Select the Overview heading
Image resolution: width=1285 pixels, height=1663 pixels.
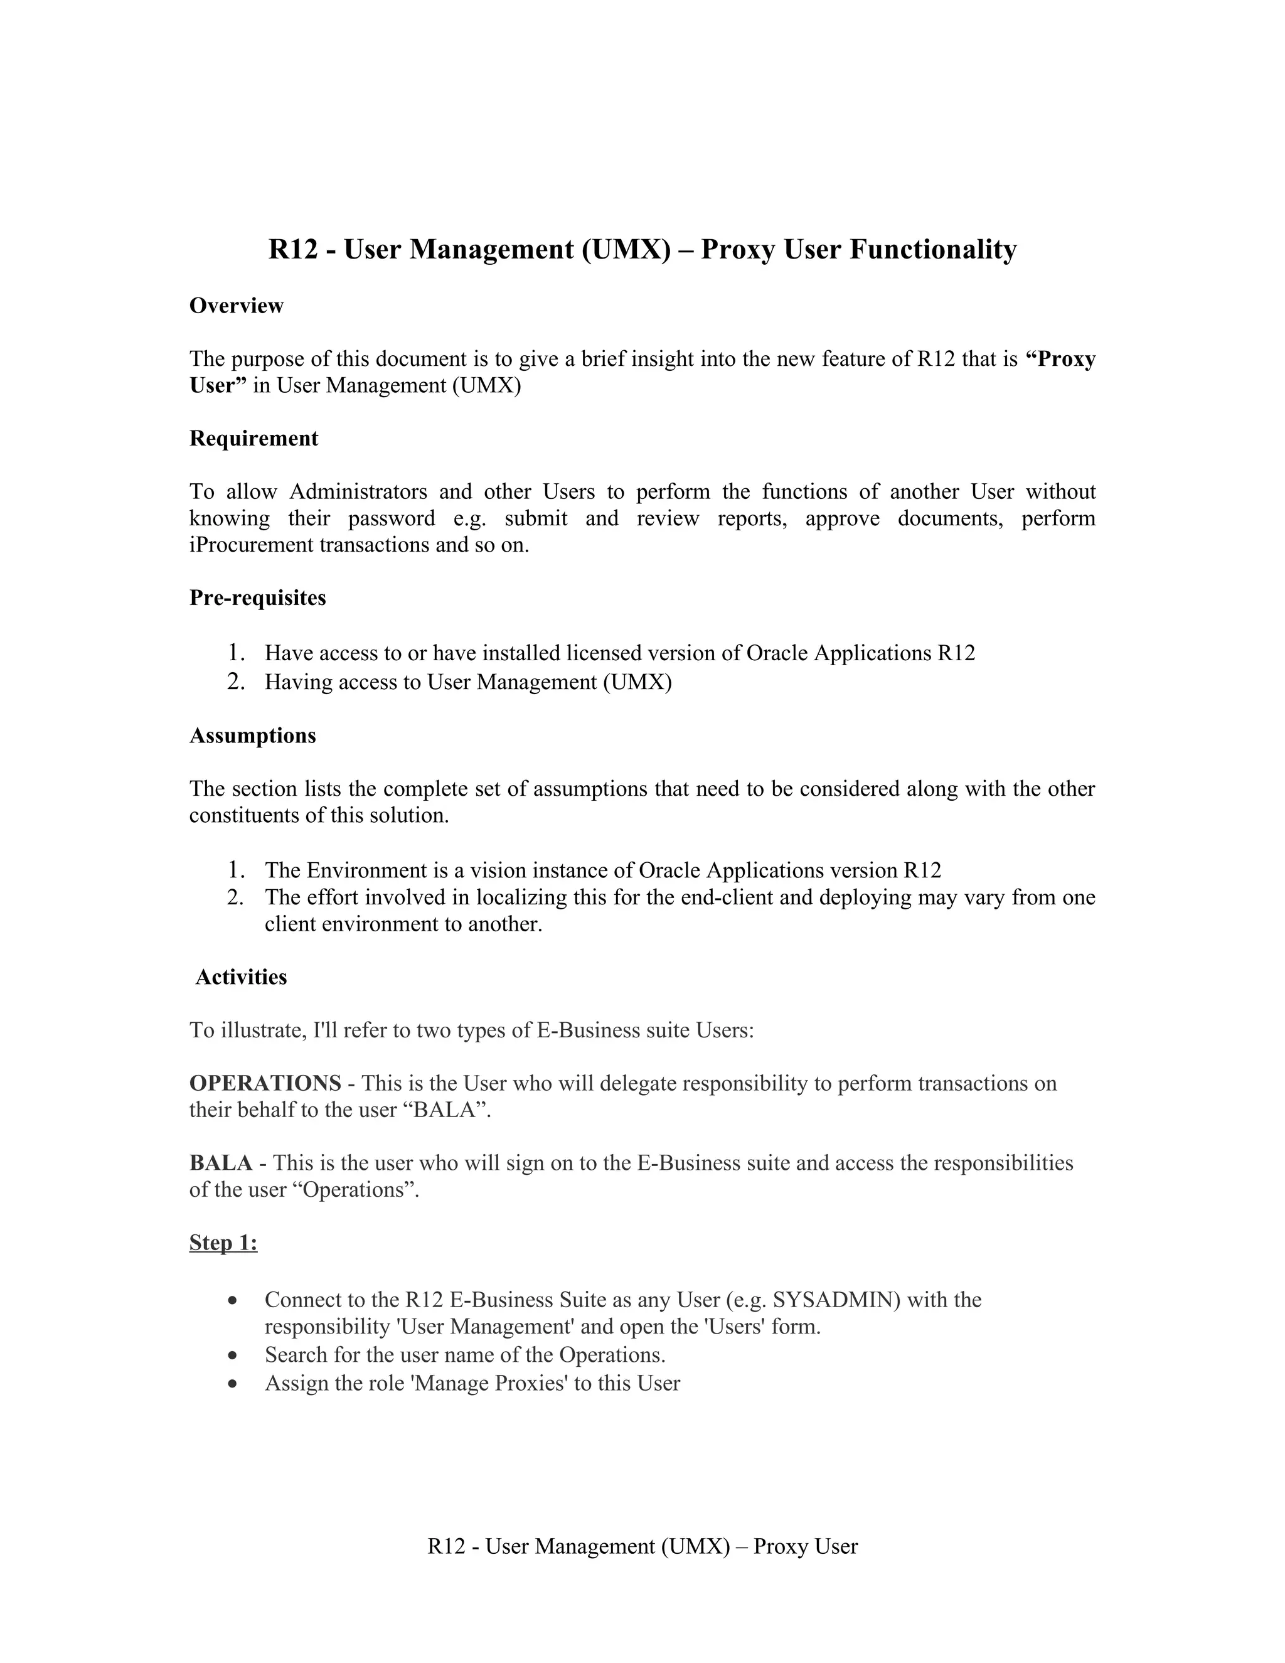click(x=236, y=306)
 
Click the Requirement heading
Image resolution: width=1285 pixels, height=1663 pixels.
click(x=253, y=439)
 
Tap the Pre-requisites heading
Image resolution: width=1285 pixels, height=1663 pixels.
click(x=257, y=597)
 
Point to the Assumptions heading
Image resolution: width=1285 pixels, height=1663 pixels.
click(x=252, y=735)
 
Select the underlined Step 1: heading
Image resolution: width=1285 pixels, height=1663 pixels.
click(x=223, y=1243)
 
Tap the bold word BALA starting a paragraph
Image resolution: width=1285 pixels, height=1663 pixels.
click(x=220, y=1163)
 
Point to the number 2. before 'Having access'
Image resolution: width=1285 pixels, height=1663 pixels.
click(x=235, y=682)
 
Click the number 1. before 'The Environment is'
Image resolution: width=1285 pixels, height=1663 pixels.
click(x=235, y=870)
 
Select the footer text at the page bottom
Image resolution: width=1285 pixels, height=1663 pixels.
click(x=642, y=1546)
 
